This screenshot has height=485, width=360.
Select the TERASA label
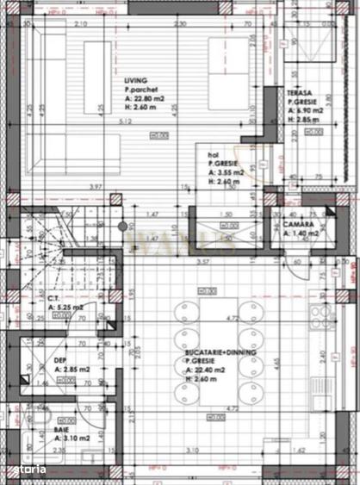[301, 91]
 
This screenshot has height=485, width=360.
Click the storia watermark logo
[33, 467]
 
